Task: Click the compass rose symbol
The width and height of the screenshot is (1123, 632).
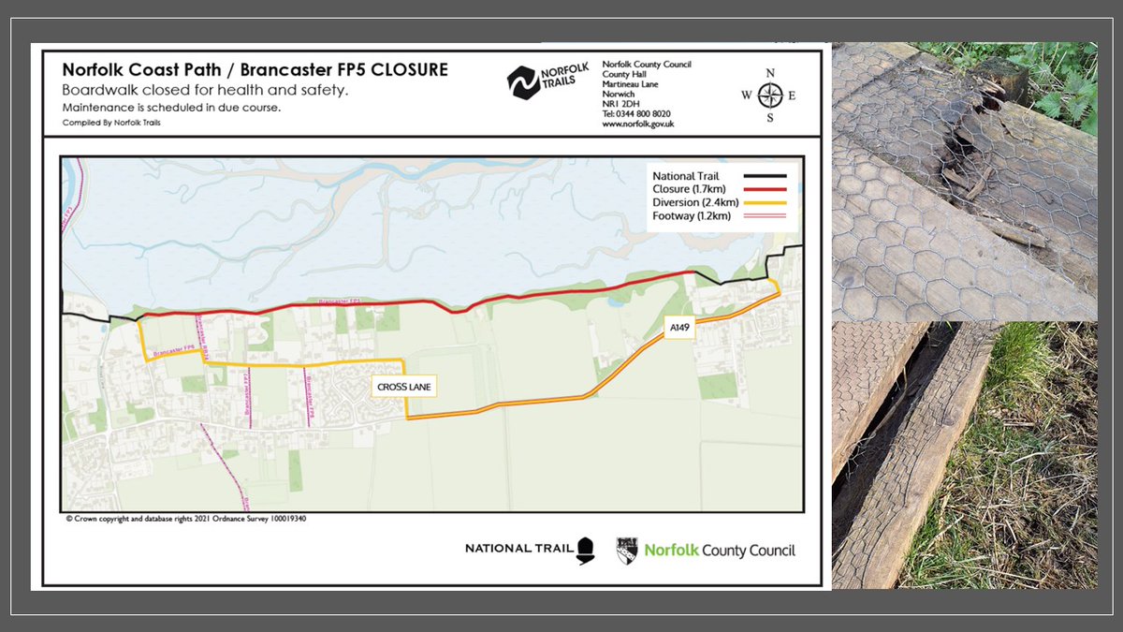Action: tap(770, 95)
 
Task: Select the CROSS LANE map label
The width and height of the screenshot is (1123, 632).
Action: tap(401, 386)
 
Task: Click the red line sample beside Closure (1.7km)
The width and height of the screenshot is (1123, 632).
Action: tap(765, 189)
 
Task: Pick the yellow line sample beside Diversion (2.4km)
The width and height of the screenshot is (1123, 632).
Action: tap(765, 203)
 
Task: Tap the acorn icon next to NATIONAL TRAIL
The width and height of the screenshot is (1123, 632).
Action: tap(587, 549)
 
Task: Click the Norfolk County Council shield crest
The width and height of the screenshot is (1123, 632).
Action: tap(627, 551)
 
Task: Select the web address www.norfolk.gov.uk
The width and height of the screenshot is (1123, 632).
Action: tap(638, 124)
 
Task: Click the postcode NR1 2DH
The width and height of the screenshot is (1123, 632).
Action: tap(617, 104)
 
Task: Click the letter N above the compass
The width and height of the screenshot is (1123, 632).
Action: tap(770, 73)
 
